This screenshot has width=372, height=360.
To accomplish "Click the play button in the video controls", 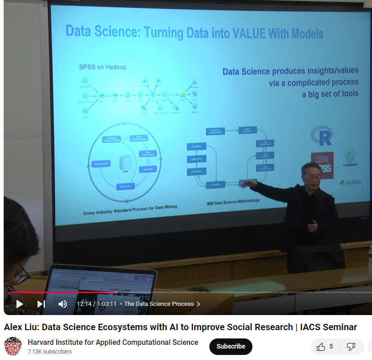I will point(19,304).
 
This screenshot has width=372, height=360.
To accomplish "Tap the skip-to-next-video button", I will point(41,304).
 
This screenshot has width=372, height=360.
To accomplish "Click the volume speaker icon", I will point(63,304).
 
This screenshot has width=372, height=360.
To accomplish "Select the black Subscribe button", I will point(230,346).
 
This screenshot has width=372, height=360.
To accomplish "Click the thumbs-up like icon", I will point(321,347).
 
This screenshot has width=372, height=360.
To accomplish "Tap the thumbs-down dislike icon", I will point(350,347).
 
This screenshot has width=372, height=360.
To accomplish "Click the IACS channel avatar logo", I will point(13,347).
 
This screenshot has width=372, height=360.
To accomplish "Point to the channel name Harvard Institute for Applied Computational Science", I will point(113,342).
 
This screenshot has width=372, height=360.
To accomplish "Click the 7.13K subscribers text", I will point(49,352).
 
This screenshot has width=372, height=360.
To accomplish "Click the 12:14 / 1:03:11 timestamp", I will point(96,304).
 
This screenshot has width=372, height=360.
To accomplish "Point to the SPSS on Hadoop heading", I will point(102,67).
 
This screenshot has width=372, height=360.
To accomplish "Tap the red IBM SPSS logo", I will point(322,164).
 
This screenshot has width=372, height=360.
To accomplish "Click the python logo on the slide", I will point(350,183).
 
